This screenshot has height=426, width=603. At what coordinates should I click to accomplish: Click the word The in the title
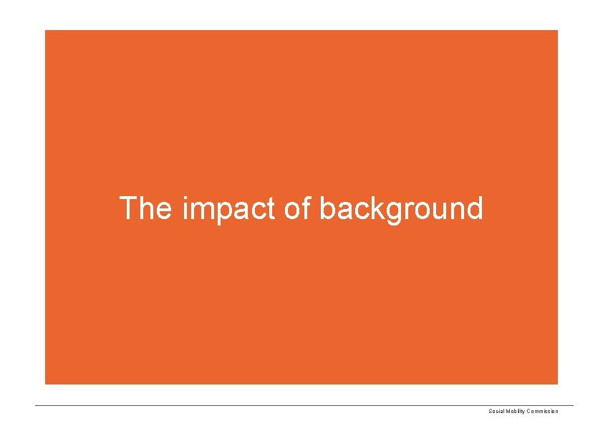point(145,208)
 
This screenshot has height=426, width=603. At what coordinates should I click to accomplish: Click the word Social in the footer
point(496,411)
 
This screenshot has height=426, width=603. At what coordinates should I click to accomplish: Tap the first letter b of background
point(327,209)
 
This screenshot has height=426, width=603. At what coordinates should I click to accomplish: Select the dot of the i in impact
point(186,198)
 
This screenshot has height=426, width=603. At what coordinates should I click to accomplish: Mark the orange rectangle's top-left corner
point(45,30)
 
